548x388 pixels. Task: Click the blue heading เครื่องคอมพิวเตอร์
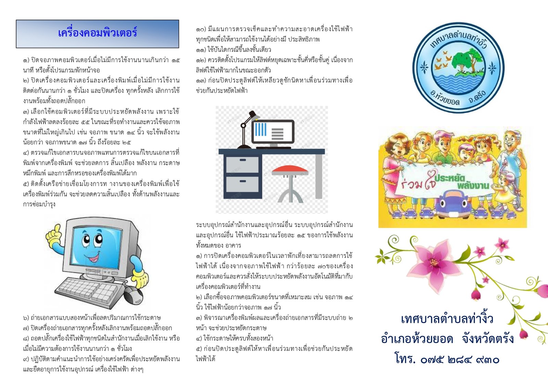click(97, 33)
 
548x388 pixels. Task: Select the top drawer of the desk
click(242, 164)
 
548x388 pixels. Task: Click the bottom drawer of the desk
click(242, 184)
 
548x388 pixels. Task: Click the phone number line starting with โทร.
click(447, 359)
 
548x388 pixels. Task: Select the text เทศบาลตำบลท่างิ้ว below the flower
click(447, 318)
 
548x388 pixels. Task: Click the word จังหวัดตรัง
click(488, 339)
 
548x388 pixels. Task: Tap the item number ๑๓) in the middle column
click(201, 80)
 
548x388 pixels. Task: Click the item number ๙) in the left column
click(26, 359)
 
